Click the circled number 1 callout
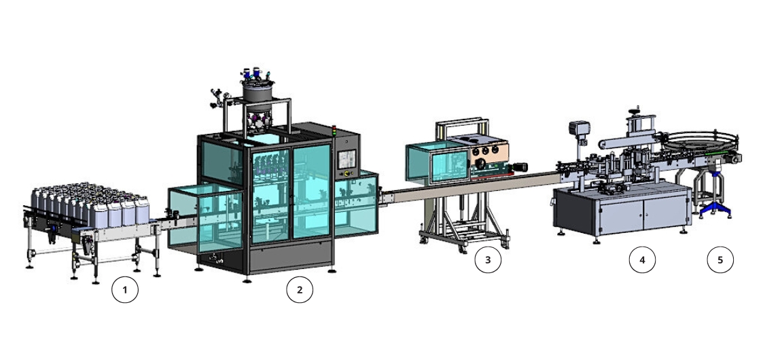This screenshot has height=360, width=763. pos(124,290)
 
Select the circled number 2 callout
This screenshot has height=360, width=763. pos(299,290)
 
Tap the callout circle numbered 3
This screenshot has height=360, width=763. pos(488,259)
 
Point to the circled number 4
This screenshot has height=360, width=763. pos(642,259)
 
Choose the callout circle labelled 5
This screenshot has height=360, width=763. pos(720,259)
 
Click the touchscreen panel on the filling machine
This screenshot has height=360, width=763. pos(345,159)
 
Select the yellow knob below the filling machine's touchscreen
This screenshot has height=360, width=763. pos(347,173)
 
